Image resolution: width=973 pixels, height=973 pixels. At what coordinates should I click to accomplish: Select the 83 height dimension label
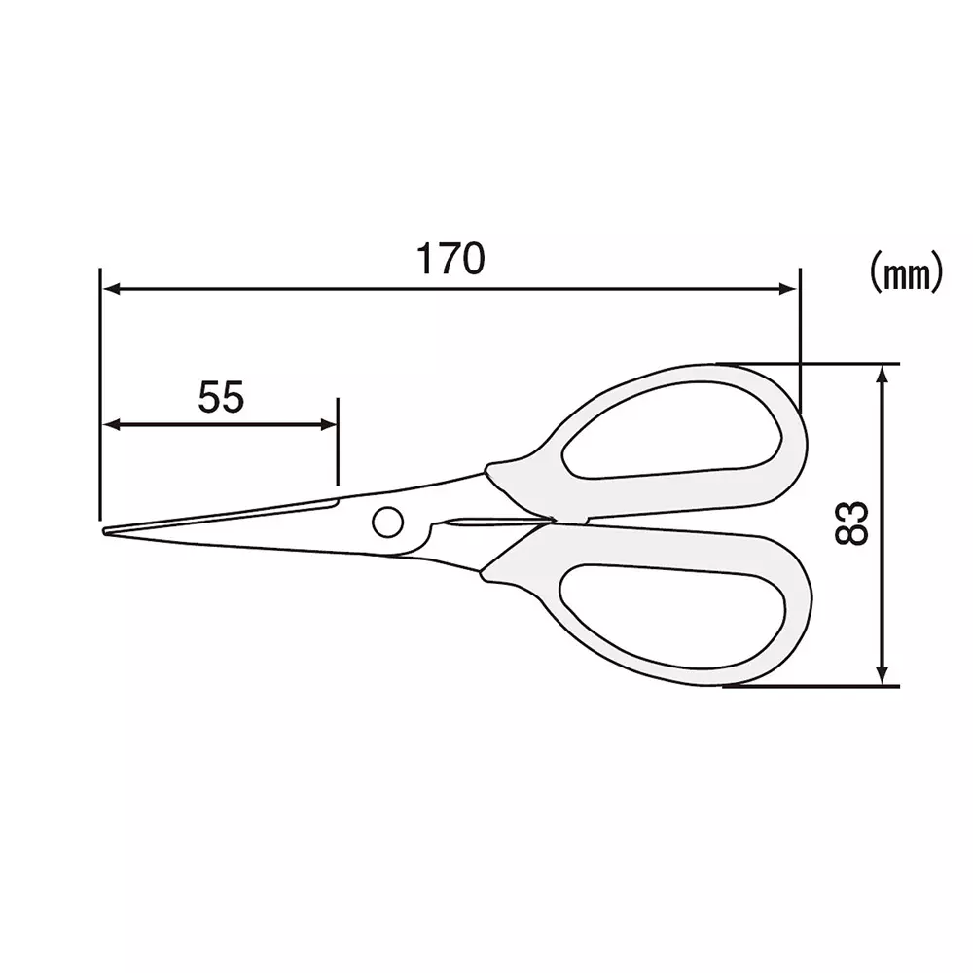coord(852,523)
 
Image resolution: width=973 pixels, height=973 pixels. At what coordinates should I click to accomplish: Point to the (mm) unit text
coord(905,273)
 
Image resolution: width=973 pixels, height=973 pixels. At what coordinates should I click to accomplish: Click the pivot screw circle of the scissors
coord(387,522)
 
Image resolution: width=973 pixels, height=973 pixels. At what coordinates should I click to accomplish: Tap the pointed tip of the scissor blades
coord(106,531)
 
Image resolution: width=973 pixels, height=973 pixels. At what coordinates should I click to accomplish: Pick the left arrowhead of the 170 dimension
coord(110,288)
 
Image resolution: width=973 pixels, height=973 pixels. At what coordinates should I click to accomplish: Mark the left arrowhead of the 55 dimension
coord(110,424)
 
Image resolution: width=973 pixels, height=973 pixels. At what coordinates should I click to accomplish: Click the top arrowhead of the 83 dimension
coord(883,373)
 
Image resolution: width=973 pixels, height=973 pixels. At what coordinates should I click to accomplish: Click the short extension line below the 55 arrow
coord(338,457)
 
